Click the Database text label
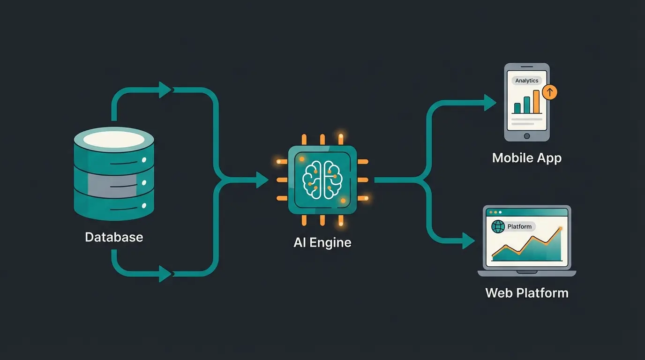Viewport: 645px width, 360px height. click(114, 237)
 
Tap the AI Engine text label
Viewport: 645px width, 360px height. click(322, 242)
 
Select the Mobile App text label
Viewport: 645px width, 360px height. click(526, 158)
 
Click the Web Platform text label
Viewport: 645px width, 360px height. click(527, 293)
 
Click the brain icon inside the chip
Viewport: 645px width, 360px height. click(322, 180)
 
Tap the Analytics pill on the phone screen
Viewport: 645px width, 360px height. click(526, 81)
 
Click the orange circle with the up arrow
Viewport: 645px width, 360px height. click(549, 92)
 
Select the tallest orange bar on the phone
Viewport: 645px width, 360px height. click(536, 102)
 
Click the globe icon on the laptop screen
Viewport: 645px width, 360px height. click(498, 227)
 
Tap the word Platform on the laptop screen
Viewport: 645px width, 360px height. click(519, 227)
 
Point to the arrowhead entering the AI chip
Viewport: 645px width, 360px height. click(262, 180)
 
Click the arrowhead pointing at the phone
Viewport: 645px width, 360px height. click(490, 103)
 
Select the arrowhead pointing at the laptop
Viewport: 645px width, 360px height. click(469, 240)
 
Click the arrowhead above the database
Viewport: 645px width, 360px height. click(165, 90)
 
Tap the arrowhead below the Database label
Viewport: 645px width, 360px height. click(165, 274)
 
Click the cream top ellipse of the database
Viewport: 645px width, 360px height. click(114, 139)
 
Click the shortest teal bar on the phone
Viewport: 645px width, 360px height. click(517, 108)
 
